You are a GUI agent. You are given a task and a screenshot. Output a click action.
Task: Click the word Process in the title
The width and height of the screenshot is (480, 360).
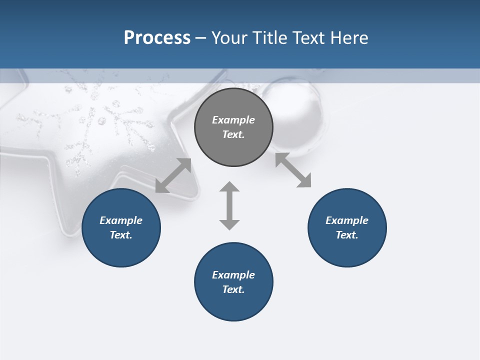157,38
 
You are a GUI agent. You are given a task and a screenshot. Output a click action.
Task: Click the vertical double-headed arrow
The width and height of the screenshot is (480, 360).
229,205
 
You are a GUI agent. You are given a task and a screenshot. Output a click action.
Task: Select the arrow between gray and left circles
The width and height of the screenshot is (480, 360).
173,175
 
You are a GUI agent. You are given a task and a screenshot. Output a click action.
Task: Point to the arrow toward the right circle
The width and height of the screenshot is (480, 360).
293,170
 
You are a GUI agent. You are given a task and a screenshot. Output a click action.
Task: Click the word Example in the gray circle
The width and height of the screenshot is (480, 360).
233,120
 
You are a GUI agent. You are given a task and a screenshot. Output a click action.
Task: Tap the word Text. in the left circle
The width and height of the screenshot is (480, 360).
121,235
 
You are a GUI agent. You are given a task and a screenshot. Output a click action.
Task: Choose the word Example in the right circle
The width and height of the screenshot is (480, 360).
347,220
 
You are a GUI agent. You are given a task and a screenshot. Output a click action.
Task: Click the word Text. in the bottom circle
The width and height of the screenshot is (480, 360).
233,289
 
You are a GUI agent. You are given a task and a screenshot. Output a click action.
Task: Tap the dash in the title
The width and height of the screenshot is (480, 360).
201,38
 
